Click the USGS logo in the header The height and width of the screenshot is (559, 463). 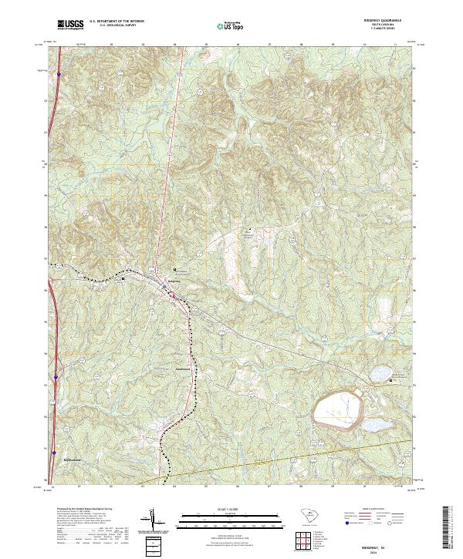pyautogui.click(x=71, y=25)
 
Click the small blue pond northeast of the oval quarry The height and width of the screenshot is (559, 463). pyautogui.click(x=380, y=373)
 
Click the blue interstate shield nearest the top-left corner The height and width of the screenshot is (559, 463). pyautogui.click(x=59, y=75)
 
